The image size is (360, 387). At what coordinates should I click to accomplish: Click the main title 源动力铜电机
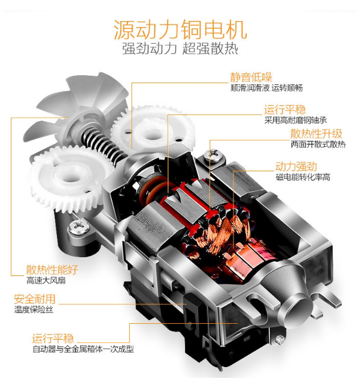[179, 28]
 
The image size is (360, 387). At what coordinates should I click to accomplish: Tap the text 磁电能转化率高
[303, 178]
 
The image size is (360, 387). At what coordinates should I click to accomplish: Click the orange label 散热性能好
[52, 270]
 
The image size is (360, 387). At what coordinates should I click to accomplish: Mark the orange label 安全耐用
[35, 299]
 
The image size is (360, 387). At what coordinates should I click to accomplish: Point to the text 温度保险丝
[35, 310]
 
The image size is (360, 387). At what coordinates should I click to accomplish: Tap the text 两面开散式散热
[318, 145]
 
